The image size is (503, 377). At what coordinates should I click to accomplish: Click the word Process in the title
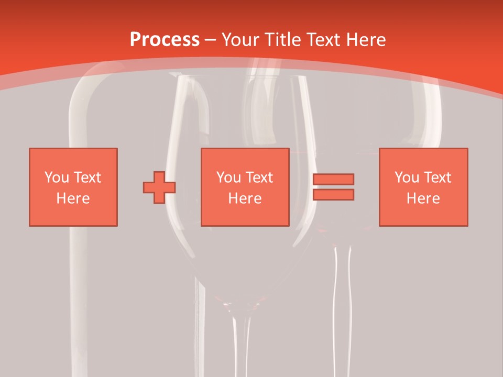point(165,39)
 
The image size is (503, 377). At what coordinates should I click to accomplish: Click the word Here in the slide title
point(366,39)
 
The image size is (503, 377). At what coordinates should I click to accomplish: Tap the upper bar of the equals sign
point(333,180)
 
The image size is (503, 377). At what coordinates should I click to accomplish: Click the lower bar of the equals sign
point(333,195)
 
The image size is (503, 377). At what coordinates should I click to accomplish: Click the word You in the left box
point(57,177)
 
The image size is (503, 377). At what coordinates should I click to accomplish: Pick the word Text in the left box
point(87,177)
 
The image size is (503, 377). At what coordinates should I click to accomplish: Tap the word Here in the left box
point(73,198)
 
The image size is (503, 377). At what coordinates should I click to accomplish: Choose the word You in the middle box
point(228,177)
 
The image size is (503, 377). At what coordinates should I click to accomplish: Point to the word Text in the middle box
point(259,177)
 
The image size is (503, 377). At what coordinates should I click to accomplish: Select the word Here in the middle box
point(245,198)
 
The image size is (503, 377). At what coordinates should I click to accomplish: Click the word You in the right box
point(407,177)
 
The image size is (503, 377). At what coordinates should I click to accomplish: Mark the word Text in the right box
point(437,177)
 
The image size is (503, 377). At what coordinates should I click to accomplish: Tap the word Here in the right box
point(423,198)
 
